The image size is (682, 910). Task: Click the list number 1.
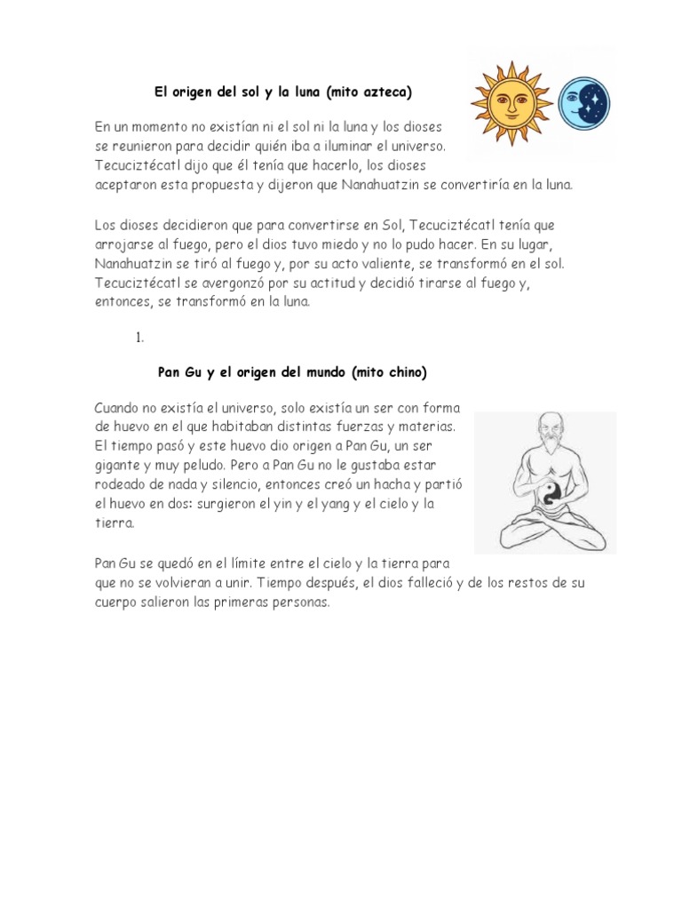click(x=139, y=338)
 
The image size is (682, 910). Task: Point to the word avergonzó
click(x=220, y=283)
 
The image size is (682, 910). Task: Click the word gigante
click(x=119, y=465)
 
